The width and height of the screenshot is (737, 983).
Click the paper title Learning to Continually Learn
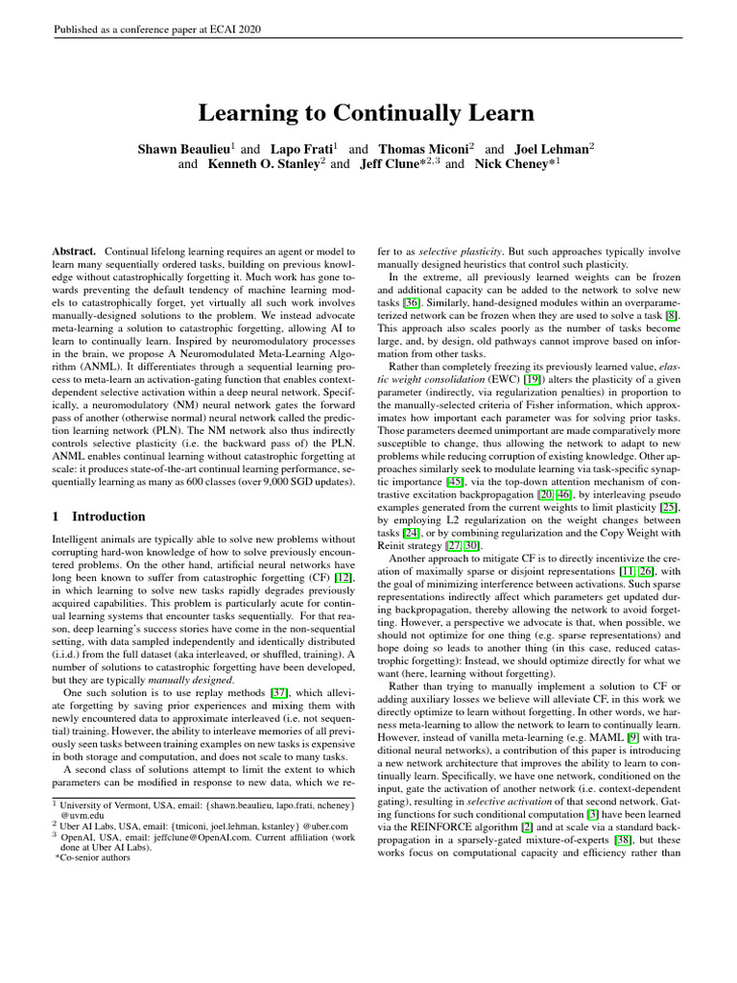[366, 113]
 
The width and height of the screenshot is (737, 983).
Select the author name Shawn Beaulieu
[186, 150]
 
